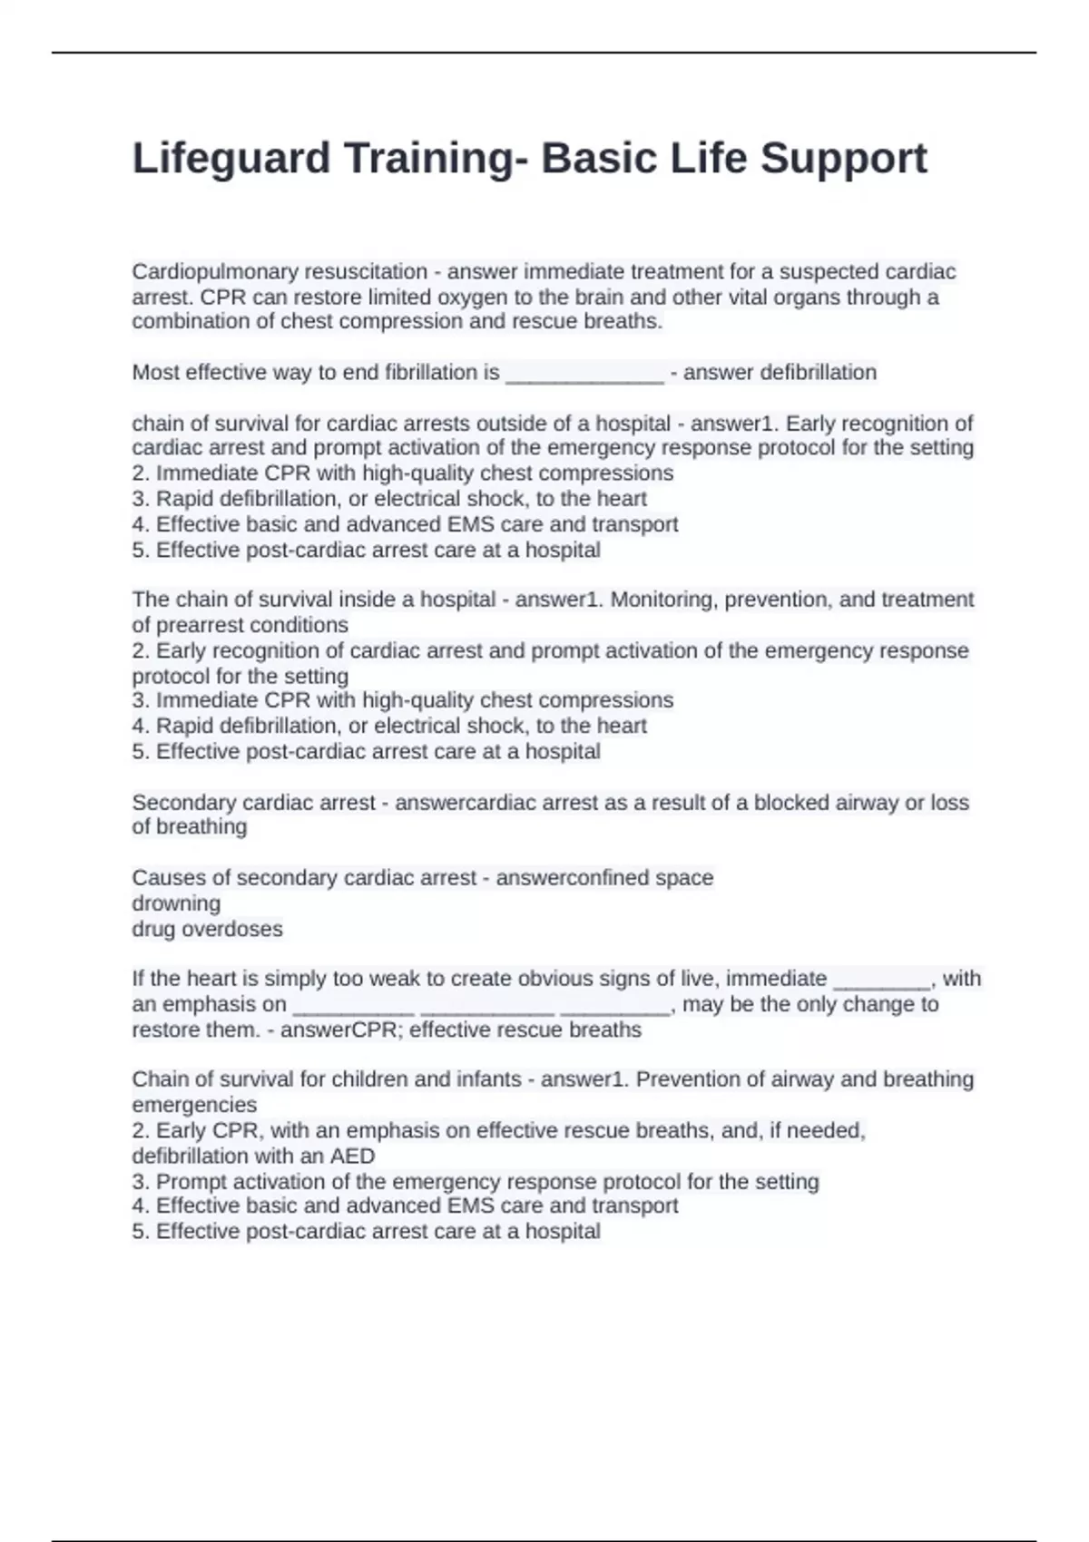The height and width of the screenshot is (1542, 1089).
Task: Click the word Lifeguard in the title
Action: click(x=231, y=159)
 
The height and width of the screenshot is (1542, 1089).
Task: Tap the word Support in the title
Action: click(x=843, y=159)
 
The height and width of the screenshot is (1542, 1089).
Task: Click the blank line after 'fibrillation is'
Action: click(x=584, y=374)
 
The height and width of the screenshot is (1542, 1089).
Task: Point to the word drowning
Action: click(x=176, y=903)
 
